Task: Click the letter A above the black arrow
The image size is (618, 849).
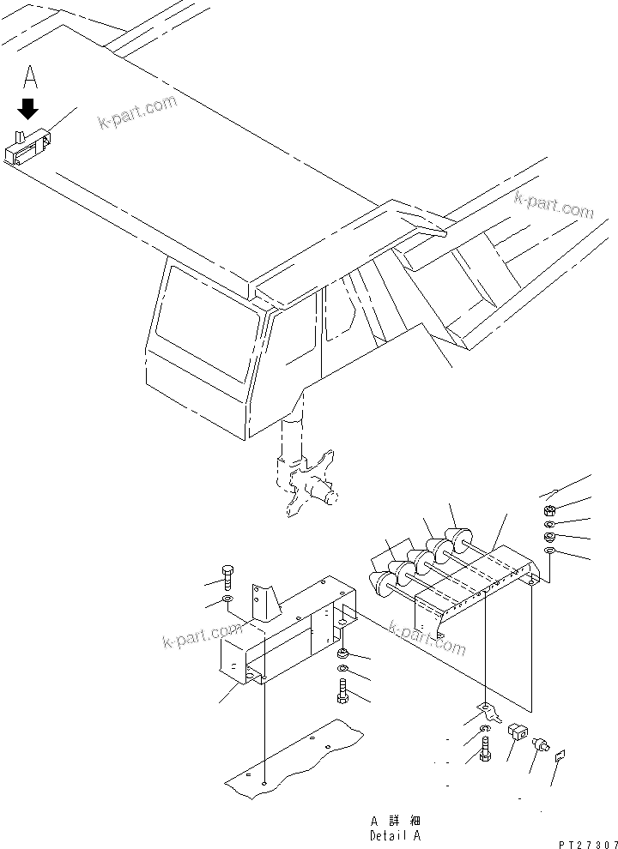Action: pyautogui.click(x=30, y=78)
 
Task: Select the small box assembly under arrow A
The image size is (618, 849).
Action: pyautogui.click(x=28, y=147)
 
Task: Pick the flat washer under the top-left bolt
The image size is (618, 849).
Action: pyautogui.click(x=227, y=598)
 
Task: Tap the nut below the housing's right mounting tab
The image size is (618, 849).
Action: pyautogui.click(x=342, y=656)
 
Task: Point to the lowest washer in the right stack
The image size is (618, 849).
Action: pyautogui.click(x=551, y=551)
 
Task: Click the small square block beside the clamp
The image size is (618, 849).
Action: pyautogui.click(x=518, y=733)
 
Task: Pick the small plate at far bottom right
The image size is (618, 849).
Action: pyautogui.click(x=560, y=756)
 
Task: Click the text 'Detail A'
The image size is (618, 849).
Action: pyautogui.click(x=396, y=834)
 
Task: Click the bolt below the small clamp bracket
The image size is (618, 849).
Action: pyautogui.click(x=483, y=751)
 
